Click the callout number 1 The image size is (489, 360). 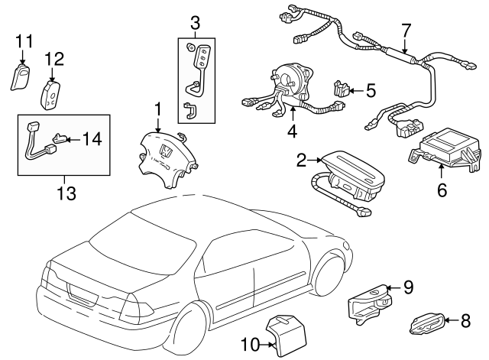point(157,109)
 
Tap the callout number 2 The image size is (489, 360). point(301,160)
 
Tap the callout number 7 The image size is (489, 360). point(406,31)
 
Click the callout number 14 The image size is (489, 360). point(92,139)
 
